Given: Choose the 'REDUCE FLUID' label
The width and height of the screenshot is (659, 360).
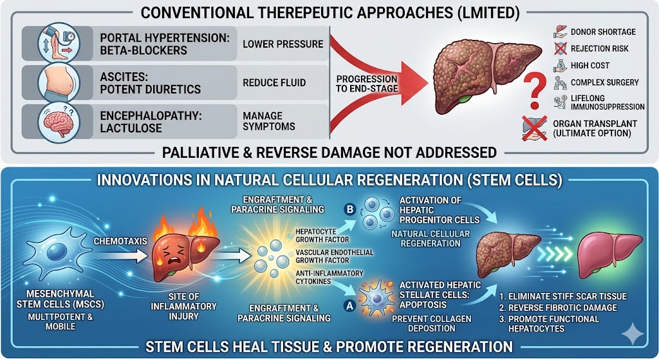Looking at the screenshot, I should (274, 82).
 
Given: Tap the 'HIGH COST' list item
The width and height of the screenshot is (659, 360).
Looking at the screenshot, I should (589, 65).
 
